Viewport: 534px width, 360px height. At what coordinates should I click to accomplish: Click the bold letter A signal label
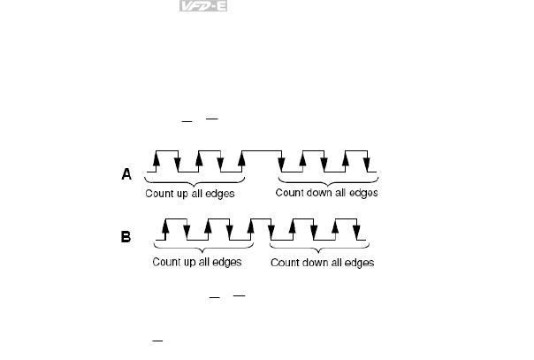pyautogui.click(x=126, y=175)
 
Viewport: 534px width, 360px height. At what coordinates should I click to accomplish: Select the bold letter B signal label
pyautogui.click(x=126, y=237)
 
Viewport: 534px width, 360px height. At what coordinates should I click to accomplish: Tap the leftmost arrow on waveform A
pyautogui.click(x=156, y=160)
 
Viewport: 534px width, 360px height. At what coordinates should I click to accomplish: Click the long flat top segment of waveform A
pyautogui.click(x=263, y=152)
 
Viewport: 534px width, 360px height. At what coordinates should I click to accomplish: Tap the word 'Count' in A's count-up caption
pyautogui.click(x=162, y=194)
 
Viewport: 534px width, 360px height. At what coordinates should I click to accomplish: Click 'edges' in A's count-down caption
pyautogui.click(x=362, y=192)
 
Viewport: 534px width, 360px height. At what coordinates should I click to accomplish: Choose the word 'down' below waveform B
pyautogui.click(x=312, y=262)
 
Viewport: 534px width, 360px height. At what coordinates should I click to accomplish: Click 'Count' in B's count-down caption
pyautogui.click(x=285, y=262)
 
